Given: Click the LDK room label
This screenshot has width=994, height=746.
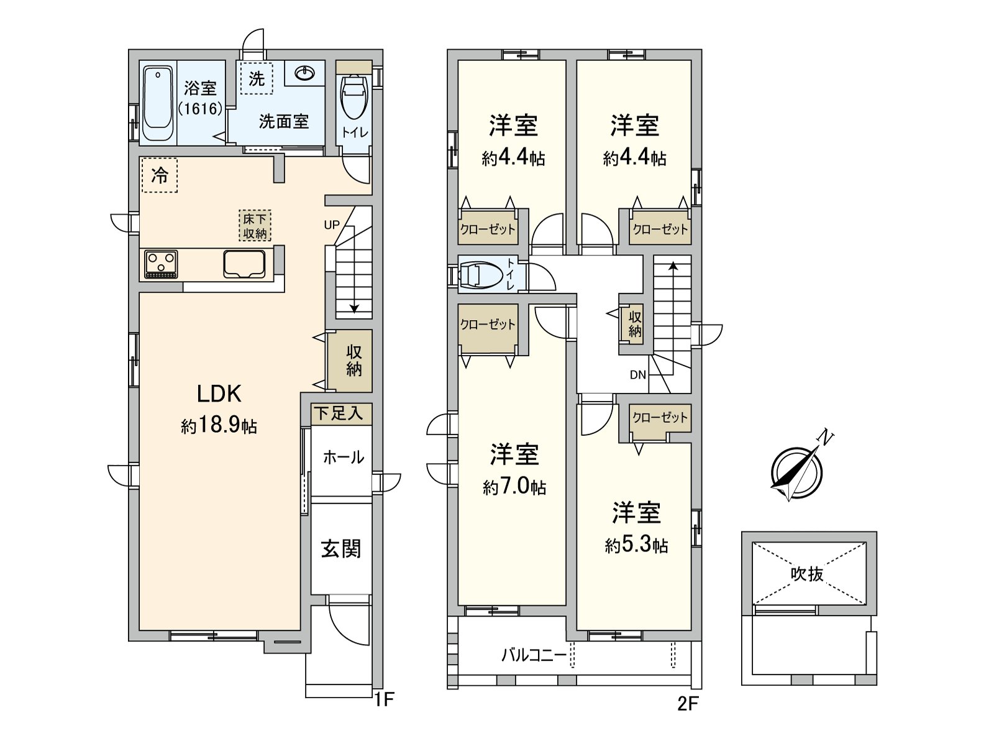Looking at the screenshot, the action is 219,394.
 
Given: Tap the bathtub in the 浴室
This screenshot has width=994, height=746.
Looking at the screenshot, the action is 158,104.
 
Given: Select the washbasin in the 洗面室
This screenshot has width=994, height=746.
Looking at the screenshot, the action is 305,73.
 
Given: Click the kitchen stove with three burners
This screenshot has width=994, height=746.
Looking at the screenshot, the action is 161,265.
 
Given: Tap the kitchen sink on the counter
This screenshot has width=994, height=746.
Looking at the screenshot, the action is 244,264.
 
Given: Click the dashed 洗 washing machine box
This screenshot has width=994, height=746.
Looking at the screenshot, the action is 257,78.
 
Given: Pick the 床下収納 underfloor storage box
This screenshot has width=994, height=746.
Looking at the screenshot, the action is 255,226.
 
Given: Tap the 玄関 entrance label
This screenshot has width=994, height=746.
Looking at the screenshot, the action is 341,550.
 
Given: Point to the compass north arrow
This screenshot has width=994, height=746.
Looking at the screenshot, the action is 801,468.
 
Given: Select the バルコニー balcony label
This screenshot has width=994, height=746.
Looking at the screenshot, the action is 534,655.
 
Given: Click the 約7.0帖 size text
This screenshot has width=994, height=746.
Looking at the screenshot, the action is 514,487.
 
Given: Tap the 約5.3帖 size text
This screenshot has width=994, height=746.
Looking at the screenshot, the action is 636,545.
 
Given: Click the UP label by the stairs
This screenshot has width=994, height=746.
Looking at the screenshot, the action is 332,224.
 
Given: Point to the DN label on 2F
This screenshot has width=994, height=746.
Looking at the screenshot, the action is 637,375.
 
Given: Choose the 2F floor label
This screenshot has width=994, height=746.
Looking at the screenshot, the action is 688,704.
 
